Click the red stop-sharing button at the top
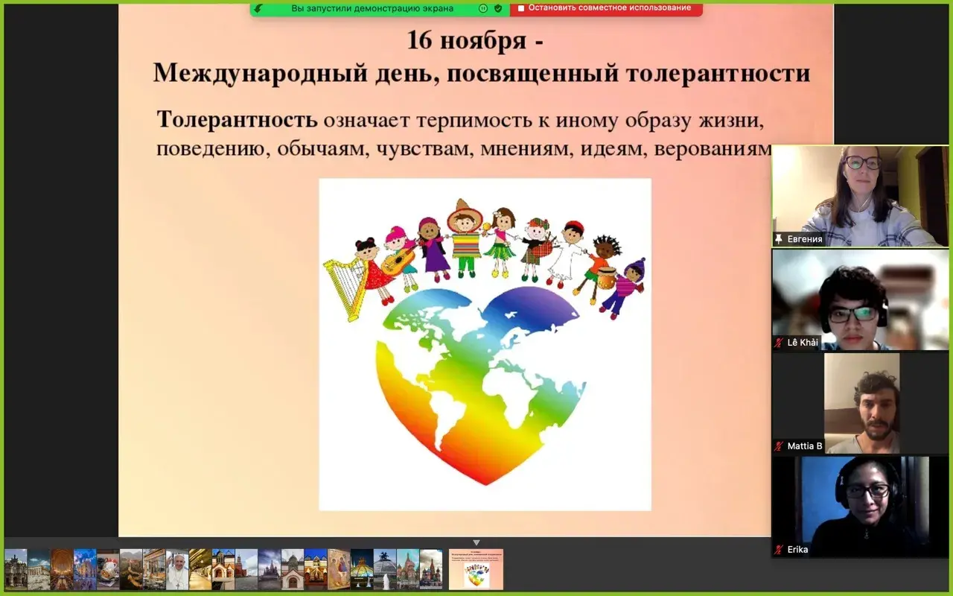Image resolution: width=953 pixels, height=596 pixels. click(x=606, y=8)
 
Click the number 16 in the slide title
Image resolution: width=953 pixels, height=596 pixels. click(x=419, y=40)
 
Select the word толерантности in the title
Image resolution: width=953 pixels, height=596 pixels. click(x=718, y=73)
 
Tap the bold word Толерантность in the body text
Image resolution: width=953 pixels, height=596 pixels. click(x=237, y=119)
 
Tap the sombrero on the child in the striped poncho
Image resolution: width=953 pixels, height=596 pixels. click(x=464, y=214)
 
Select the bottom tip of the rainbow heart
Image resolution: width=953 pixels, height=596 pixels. click(x=486, y=484)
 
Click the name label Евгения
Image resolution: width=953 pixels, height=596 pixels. click(x=805, y=239)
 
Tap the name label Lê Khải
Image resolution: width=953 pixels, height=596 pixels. click(x=803, y=343)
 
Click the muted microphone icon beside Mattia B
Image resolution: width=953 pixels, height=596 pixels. click(x=779, y=446)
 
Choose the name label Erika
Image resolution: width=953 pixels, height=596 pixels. click(x=797, y=550)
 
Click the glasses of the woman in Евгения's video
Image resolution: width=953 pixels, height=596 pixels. click(x=861, y=162)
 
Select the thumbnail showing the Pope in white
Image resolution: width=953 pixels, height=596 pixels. click(x=177, y=570)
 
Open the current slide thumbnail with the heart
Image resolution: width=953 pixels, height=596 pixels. click(x=476, y=570)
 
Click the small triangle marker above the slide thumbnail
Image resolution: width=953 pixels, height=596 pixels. click(x=476, y=543)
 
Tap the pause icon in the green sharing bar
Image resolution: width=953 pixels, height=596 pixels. click(x=483, y=8)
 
